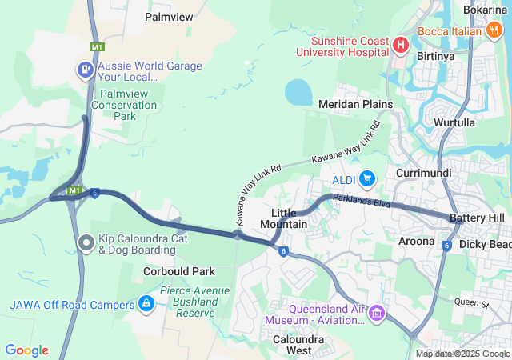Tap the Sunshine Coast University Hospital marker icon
point(401,43)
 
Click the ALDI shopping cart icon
point(367,178)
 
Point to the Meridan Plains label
point(355,104)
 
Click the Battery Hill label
point(477,218)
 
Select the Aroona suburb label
point(416,240)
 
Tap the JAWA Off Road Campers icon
point(146,304)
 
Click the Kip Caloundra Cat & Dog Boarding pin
point(86,242)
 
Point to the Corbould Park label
point(179,271)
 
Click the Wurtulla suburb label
point(454,122)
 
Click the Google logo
point(26,350)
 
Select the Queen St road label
point(470,303)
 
